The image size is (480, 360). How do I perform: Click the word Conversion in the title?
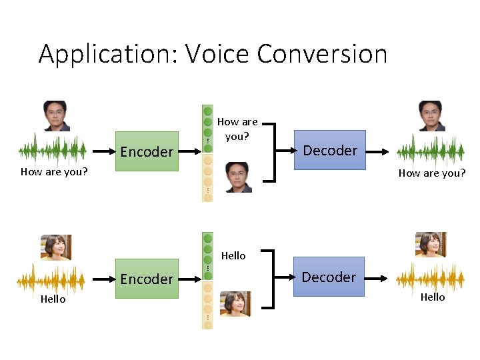point(322,53)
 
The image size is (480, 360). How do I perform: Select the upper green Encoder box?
point(147,151)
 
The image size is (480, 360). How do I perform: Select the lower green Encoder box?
point(147,279)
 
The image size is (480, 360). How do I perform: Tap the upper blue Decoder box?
point(330,150)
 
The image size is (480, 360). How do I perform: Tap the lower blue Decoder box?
point(329,277)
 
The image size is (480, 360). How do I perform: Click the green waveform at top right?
point(430,151)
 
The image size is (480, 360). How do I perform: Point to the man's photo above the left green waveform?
point(55,116)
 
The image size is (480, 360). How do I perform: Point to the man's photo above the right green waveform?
point(431,116)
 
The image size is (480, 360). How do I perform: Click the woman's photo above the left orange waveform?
point(56,247)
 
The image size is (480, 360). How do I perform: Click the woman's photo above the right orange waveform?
point(431,245)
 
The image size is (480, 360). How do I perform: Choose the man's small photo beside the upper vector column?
point(238,177)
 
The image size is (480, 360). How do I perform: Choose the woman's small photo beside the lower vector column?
point(235,303)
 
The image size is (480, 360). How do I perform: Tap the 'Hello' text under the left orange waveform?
point(53,299)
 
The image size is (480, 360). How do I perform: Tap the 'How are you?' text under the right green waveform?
point(431,173)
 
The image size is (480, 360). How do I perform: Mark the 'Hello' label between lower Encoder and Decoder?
point(233,255)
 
